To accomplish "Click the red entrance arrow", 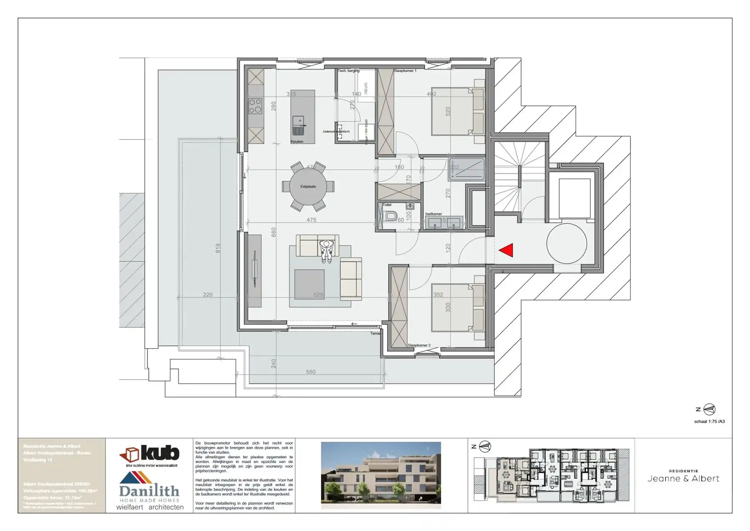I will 506,250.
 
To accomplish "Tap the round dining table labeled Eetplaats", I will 308,186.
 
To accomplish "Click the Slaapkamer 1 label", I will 405,71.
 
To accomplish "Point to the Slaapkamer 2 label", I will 419,345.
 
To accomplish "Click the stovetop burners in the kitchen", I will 255,106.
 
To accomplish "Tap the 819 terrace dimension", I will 217,248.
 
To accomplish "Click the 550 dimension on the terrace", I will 311,372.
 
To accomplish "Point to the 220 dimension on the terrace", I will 207,295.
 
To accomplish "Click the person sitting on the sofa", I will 327,251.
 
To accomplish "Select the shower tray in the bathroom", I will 467,169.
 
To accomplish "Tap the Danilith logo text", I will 149,491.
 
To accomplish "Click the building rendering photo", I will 381,475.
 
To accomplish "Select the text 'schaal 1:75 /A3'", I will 709,421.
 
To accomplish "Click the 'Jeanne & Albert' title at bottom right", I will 683,478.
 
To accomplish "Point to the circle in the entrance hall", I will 567,244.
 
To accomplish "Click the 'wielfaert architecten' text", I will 150,507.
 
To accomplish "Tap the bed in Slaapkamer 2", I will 457,308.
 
